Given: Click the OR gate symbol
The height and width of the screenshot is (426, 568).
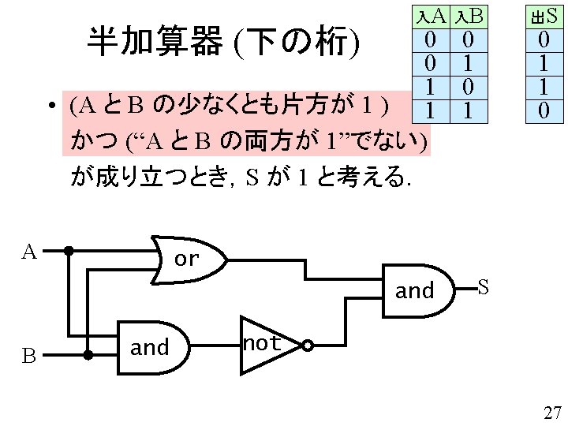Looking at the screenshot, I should (x=189, y=258).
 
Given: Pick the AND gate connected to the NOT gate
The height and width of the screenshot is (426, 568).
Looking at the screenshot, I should (x=152, y=346).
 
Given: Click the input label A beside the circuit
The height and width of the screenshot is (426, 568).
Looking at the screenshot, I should (x=29, y=252).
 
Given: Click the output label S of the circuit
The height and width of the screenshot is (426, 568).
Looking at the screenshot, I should (x=484, y=288).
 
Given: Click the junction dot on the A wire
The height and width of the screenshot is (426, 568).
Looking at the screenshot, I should (x=69, y=252).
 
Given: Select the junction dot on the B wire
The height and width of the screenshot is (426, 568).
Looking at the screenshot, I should (x=88, y=355).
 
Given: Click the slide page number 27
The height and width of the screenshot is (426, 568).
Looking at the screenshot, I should (x=551, y=412).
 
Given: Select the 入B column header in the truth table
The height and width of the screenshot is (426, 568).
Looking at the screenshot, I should (x=467, y=15).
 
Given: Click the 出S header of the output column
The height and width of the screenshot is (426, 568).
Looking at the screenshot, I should (x=543, y=15).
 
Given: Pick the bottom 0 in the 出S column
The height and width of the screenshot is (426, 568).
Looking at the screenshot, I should (x=543, y=111).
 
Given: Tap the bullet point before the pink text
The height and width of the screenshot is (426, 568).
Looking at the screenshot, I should (x=49, y=106).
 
